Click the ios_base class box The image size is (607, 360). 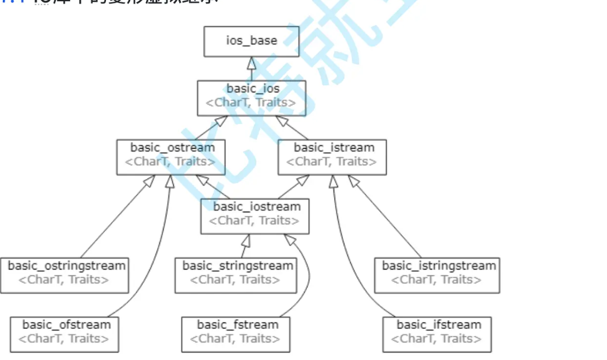[x=251, y=40]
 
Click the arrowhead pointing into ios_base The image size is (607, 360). [x=251, y=63]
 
